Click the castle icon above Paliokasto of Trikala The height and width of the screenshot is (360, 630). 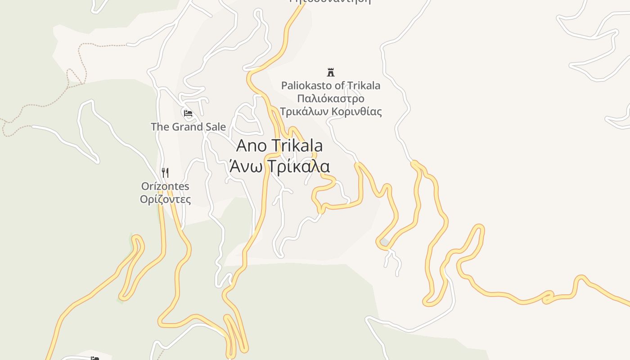pos(331,72)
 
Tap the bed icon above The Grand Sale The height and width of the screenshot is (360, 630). pos(188,113)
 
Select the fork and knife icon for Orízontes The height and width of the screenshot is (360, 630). pos(165,172)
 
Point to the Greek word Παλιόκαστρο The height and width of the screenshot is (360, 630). pos(331,99)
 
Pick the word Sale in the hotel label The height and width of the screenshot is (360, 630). pos(215,127)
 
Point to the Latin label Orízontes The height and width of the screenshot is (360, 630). pos(165,186)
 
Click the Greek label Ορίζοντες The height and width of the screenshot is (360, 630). pos(165,199)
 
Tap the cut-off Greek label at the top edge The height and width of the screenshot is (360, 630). pos(331,1)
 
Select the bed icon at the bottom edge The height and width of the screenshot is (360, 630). pos(94,358)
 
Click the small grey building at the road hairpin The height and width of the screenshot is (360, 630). pos(385,243)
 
